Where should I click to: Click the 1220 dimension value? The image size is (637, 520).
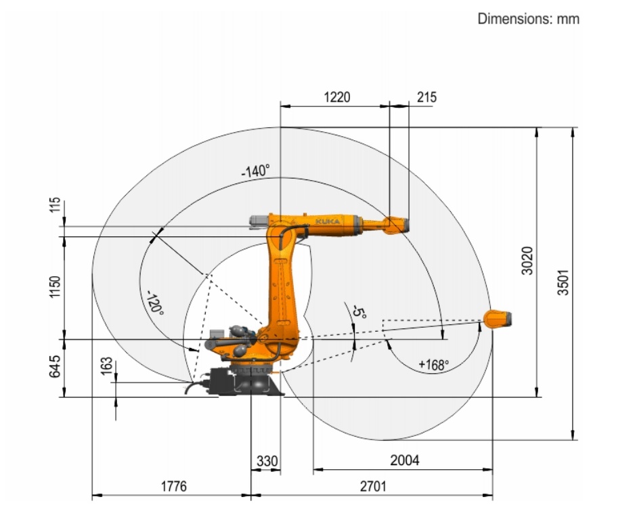(337, 97)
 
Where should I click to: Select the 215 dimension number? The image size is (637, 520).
(426, 97)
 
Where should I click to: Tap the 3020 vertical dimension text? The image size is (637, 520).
(527, 261)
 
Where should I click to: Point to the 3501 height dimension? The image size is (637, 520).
(563, 282)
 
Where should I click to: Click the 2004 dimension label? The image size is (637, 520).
(405, 460)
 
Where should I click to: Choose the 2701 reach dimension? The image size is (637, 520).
(374, 486)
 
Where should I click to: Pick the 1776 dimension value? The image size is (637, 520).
(174, 486)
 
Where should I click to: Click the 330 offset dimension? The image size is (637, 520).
(267, 461)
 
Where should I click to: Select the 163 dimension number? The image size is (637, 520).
(106, 366)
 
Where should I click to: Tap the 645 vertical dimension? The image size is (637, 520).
(55, 366)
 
